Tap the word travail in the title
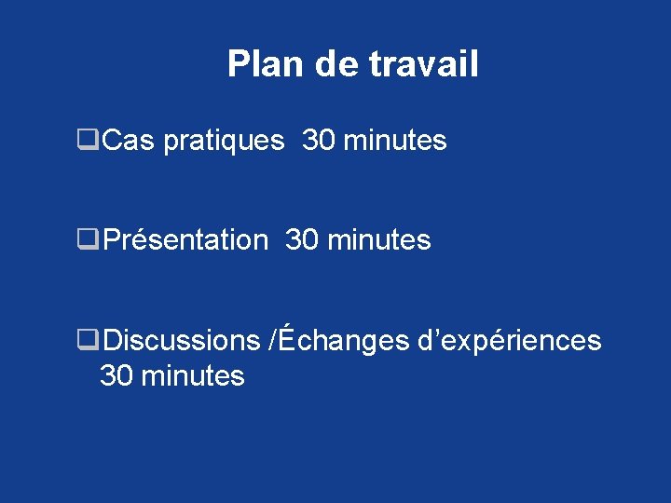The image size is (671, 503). tap(424, 64)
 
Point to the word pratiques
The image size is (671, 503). tap(224, 142)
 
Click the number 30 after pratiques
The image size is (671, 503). tap(320, 141)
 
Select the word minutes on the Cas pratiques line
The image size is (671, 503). tap(395, 141)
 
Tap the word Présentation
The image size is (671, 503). tap(185, 240)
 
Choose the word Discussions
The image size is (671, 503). tap(183, 340)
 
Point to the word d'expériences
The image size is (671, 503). tap(510, 341)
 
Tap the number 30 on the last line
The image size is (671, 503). tap(116, 376)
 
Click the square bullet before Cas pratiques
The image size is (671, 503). tap(89, 142)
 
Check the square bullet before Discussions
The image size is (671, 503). tap(89, 341)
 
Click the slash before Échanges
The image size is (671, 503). tap(271, 340)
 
